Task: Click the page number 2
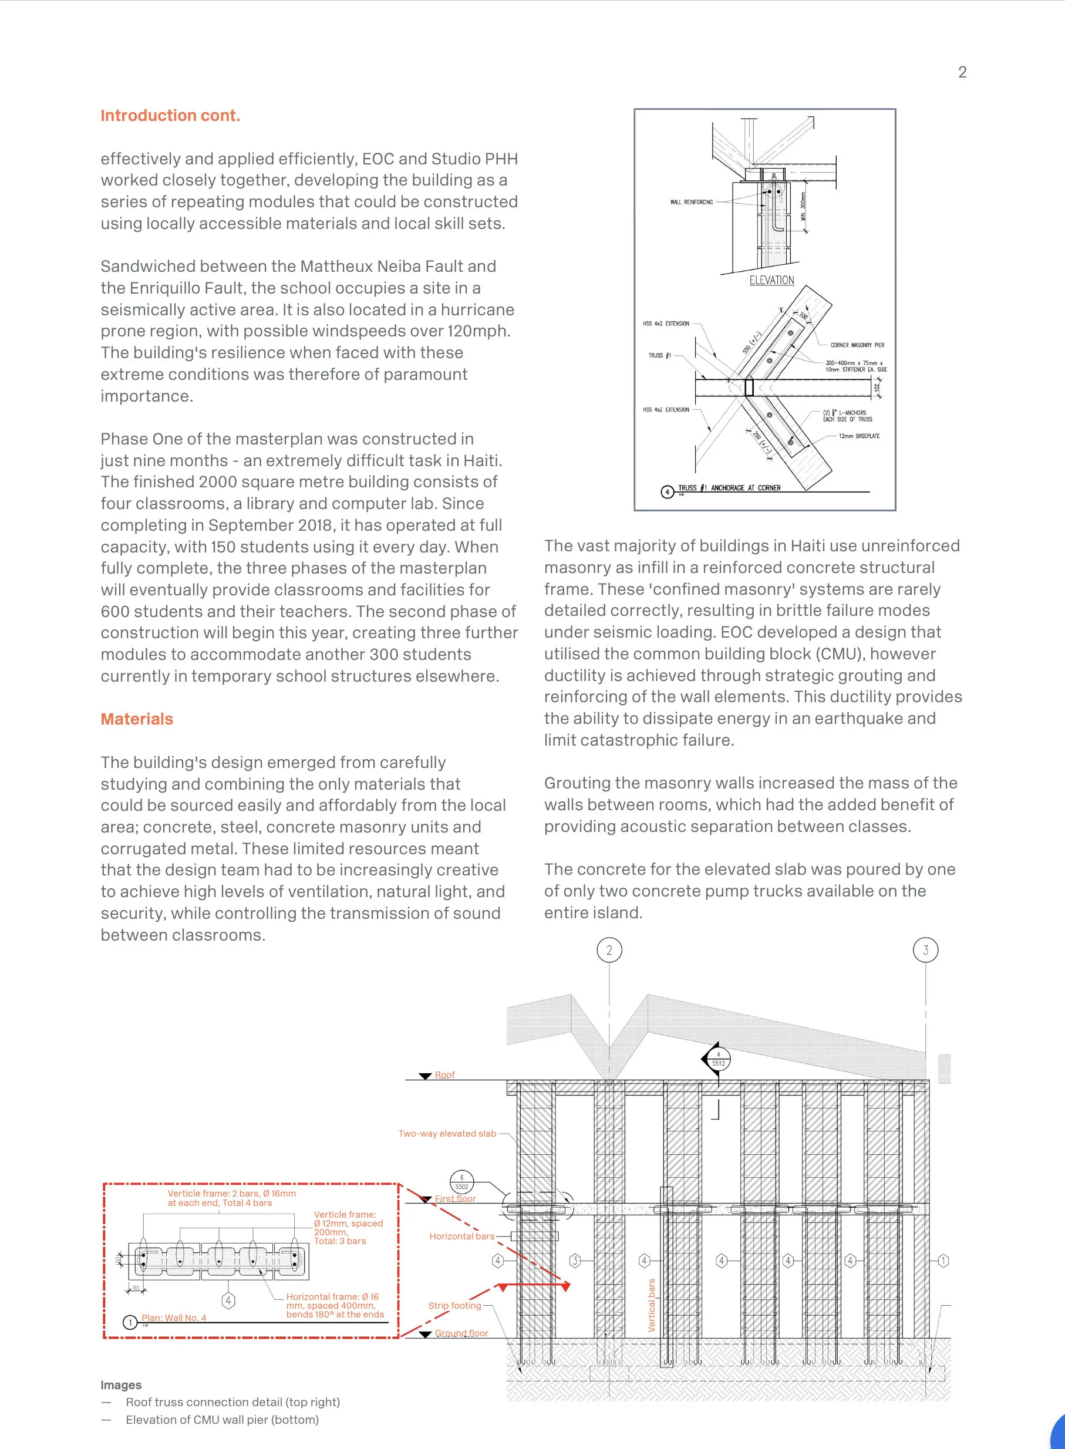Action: point(962,72)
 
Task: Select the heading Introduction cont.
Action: point(170,116)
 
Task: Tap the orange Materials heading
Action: point(137,719)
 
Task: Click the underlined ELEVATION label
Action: point(771,281)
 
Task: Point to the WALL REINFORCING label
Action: point(691,202)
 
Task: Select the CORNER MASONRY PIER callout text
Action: point(857,345)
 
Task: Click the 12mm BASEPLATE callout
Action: point(859,436)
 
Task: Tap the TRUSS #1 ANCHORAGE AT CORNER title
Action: point(729,488)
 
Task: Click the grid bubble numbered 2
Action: point(609,949)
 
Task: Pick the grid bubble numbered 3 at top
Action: point(926,949)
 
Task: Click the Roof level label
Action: point(444,1074)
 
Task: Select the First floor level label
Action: point(455,1198)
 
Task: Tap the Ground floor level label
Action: point(461,1333)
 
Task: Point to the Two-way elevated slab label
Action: point(447,1133)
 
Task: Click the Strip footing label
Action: point(454,1305)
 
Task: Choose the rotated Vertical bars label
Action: point(651,1305)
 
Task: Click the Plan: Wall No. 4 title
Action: point(174,1317)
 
